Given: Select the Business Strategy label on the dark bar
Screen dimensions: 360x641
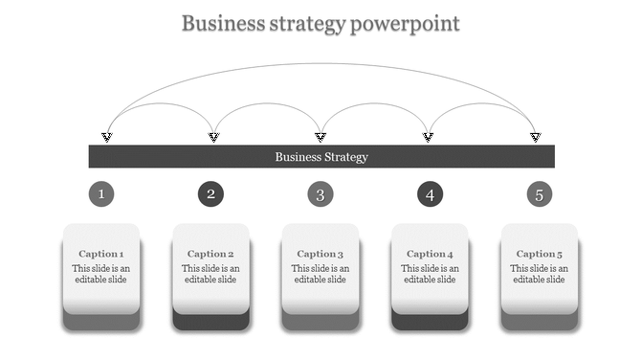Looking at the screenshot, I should [x=321, y=157].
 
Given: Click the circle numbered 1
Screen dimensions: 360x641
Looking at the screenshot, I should [x=101, y=195].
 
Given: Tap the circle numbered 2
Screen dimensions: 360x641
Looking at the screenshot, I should [x=211, y=195].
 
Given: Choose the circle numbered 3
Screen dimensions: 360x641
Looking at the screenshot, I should [x=320, y=195].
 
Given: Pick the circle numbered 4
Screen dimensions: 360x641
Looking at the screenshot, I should [x=431, y=195].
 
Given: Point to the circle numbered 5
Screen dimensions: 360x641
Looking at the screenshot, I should [x=540, y=195].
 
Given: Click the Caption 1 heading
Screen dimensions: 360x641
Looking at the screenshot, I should [x=101, y=254].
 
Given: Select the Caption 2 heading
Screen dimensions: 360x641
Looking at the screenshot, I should [x=210, y=254].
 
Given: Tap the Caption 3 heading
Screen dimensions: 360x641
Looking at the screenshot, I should [x=320, y=254].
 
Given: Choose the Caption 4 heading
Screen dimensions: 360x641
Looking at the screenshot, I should [x=430, y=254].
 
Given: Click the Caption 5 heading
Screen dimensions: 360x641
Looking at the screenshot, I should [x=540, y=254].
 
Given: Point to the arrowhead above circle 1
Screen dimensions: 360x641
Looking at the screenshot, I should [x=107, y=138].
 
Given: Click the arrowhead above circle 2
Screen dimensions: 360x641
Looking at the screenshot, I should [x=214, y=138].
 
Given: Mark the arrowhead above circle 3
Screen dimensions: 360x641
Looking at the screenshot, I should [x=321, y=138].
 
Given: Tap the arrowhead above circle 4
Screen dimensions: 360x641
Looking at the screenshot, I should [x=429, y=138].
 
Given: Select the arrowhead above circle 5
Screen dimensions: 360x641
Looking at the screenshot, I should [x=536, y=138].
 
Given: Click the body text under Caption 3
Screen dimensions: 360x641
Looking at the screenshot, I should [x=320, y=274].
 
